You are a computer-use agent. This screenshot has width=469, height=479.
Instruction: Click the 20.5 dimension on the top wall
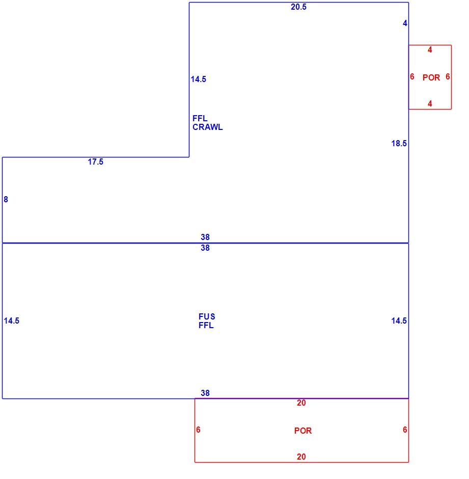[x=298, y=7]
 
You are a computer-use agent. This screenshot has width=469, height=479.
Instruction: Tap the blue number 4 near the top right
[x=405, y=23]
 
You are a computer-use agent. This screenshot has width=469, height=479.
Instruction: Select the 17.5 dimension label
[x=96, y=162]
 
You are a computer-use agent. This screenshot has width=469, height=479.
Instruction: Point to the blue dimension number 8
[x=6, y=199]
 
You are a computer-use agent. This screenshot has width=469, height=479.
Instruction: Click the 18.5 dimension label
[x=399, y=143]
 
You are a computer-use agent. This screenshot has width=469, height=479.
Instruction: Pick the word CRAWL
[x=208, y=127]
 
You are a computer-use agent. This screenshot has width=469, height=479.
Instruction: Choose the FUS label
[x=207, y=316]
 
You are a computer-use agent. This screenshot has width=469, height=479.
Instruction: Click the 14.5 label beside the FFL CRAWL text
[x=199, y=79]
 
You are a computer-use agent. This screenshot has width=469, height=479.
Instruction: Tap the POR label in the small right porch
[x=431, y=77]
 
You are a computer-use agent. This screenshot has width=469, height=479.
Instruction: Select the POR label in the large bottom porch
[x=303, y=431]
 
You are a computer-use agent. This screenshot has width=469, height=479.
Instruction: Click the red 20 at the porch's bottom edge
[x=301, y=457]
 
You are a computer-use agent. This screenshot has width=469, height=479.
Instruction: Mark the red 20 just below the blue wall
[x=301, y=403]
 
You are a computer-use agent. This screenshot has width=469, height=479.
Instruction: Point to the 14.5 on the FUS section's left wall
[x=12, y=321]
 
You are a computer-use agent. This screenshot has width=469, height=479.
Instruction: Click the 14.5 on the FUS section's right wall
[x=399, y=321]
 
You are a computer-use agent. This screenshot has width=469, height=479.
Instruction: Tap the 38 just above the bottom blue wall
[x=205, y=393]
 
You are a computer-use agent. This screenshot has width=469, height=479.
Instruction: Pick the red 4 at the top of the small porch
[x=430, y=50]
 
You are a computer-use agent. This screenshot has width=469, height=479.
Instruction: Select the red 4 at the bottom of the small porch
[x=430, y=104]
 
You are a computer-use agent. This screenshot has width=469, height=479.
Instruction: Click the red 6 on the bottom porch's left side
[x=198, y=430]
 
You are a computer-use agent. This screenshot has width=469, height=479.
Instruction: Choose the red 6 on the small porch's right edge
[x=448, y=76]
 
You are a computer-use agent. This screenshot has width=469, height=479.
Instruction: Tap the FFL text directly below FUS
[x=206, y=325]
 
